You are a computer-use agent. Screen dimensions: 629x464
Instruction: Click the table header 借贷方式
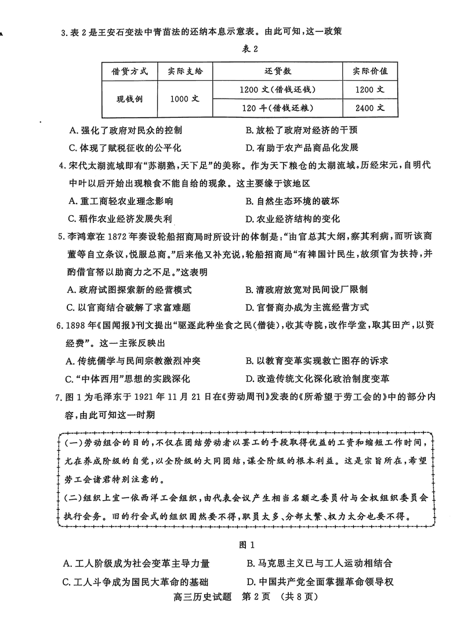click(129, 72)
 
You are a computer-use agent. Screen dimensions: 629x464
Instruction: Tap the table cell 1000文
click(185, 99)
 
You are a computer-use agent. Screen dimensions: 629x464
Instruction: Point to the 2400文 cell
click(369, 109)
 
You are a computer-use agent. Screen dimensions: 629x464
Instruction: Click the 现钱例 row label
click(129, 99)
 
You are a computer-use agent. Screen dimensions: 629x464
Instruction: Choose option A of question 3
click(125, 131)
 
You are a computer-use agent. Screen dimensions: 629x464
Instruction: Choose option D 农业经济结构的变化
click(292, 218)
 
